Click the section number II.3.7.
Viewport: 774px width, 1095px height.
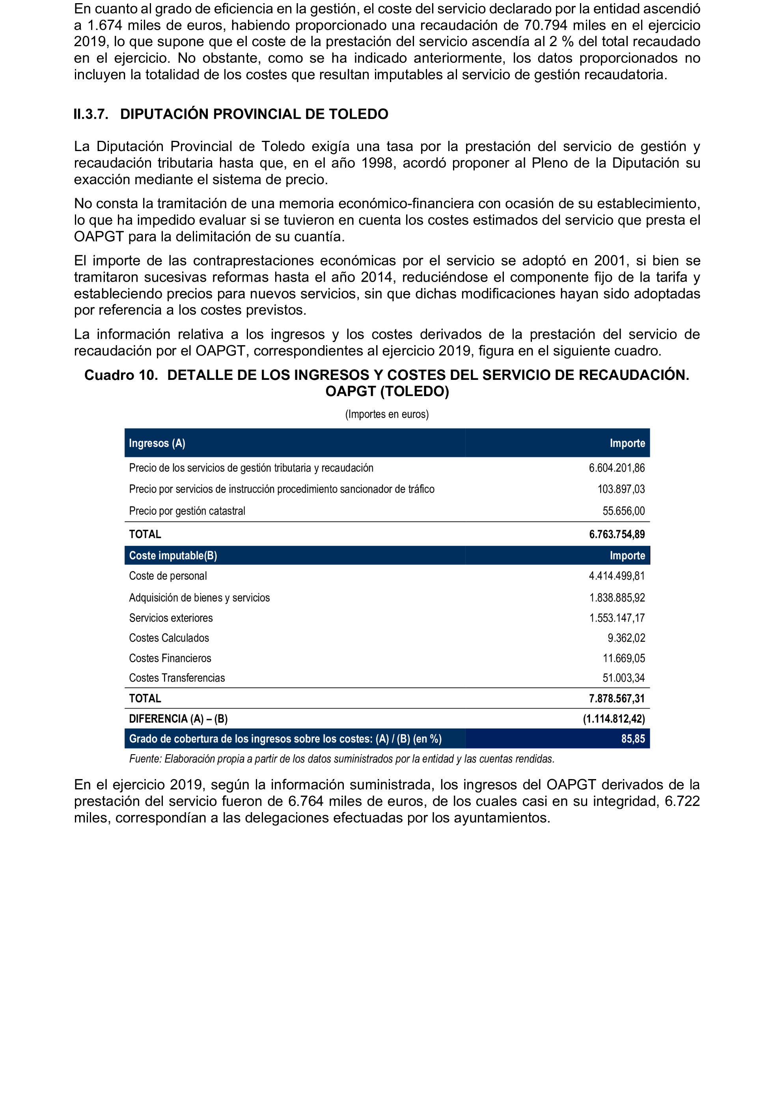(x=91, y=114)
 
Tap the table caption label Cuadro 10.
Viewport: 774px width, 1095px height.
(x=121, y=375)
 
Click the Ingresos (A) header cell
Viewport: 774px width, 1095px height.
(x=157, y=443)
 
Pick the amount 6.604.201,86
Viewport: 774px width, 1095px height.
(x=616, y=468)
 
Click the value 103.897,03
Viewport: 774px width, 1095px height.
(x=621, y=489)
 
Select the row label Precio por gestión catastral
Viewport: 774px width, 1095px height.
(x=187, y=511)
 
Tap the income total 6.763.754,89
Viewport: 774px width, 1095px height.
(x=616, y=534)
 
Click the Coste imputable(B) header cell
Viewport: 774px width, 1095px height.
(x=173, y=556)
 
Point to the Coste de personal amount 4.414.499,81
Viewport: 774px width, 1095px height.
(x=616, y=576)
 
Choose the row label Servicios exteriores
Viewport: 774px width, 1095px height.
(x=171, y=618)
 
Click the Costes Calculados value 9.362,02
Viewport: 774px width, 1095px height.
(x=626, y=638)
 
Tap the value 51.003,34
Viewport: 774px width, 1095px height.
(x=623, y=678)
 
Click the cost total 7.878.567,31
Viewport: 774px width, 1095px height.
(x=616, y=699)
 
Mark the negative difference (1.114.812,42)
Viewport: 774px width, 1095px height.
(x=614, y=719)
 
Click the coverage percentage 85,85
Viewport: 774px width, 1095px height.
(x=632, y=739)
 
